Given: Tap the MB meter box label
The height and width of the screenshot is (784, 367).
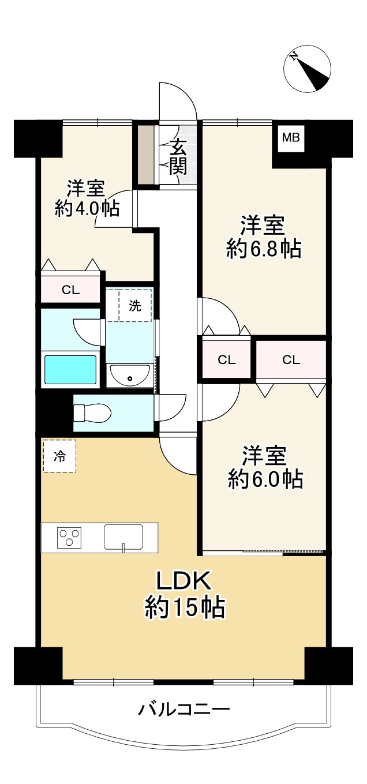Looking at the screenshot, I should click(291, 138).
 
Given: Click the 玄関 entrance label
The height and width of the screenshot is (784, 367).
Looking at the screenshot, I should click(178, 157).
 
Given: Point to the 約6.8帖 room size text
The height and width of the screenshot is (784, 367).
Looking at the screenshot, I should click(263, 249).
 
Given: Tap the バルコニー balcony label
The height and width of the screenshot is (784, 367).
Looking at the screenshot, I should click(184, 709).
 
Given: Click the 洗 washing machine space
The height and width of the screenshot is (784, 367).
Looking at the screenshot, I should click(135, 306).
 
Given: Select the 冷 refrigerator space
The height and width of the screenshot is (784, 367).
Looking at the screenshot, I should click(59, 456).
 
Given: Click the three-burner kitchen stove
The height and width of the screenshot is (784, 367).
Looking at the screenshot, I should click(69, 537).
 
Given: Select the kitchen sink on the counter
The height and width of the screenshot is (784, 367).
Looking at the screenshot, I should click(123, 537).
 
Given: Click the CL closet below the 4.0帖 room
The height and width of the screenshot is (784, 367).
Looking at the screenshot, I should click(71, 290).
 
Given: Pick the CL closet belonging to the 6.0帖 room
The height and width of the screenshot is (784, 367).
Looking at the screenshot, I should click(291, 360).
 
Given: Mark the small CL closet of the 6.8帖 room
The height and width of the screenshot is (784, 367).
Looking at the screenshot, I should click(227, 360).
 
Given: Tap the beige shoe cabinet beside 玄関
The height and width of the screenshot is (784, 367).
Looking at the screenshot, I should click(147, 155).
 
